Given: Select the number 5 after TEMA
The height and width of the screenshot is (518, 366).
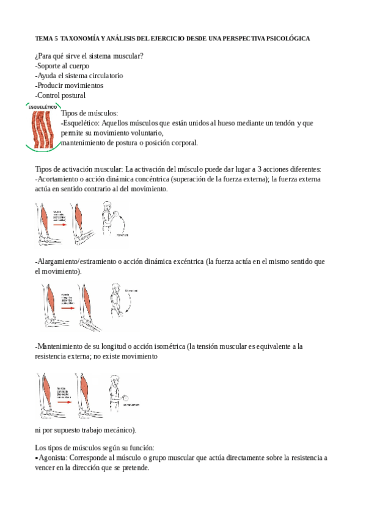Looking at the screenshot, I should (x=56, y=38).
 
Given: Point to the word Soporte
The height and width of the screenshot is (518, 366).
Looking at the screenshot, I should (x=49, y=66).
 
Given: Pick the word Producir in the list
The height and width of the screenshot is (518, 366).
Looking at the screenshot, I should (x=50, y=86).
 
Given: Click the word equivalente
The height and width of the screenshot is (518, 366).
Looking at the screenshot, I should (x=267, y=346).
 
